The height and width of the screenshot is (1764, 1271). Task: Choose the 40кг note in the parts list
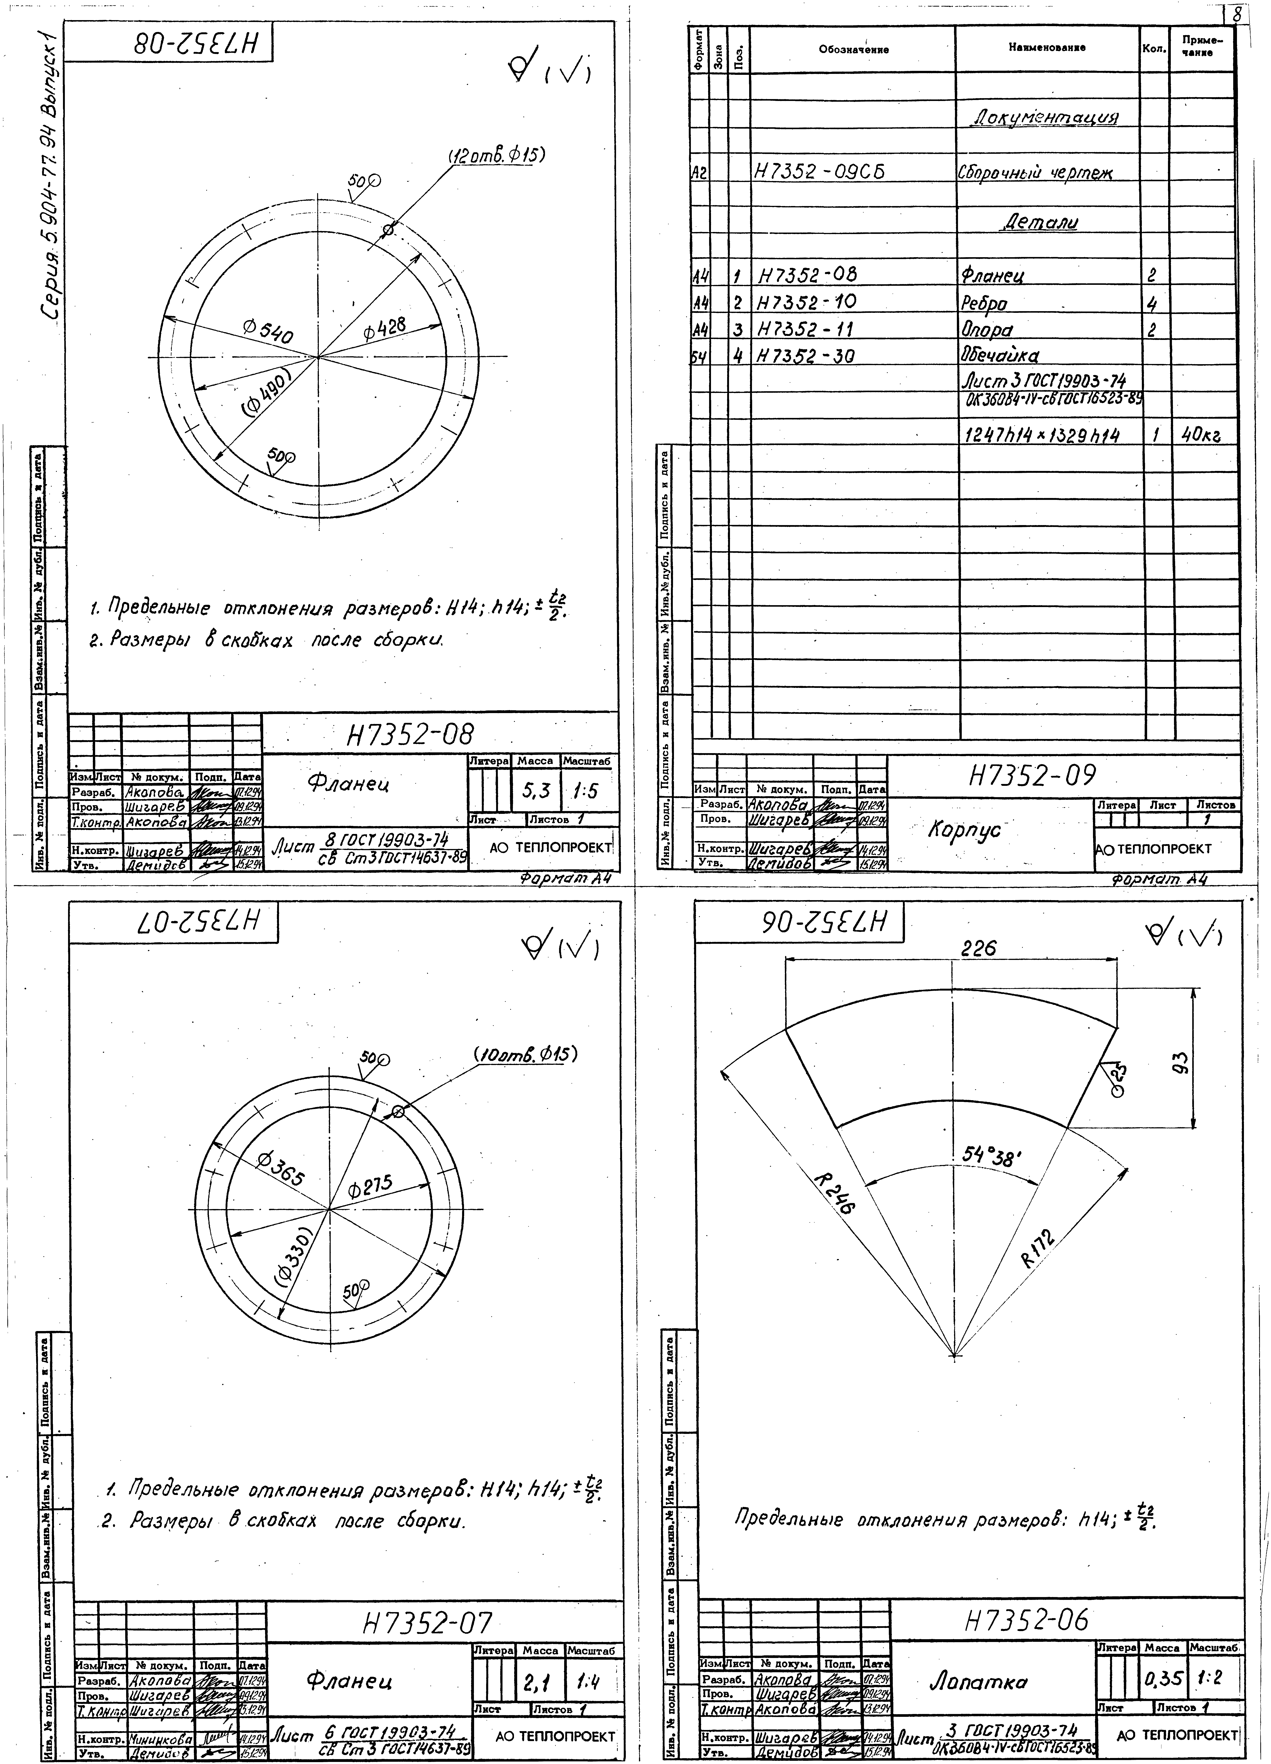tap(1200, 436)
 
